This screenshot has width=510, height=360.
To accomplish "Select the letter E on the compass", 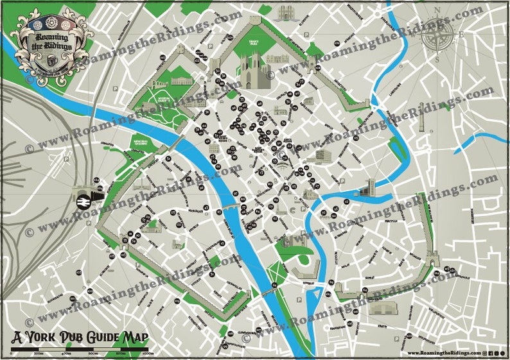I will coord(462,35).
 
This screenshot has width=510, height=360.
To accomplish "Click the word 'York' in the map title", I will coord(50,338).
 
